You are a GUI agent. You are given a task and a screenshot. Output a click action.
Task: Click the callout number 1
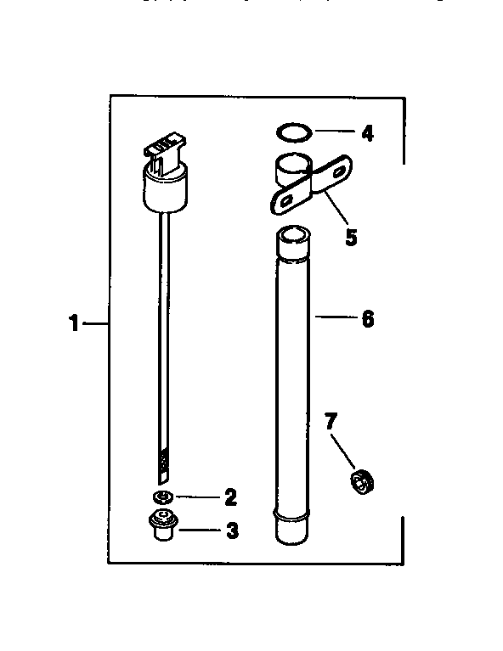pos(75,323)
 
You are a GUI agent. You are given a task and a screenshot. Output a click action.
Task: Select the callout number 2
pos(229,497)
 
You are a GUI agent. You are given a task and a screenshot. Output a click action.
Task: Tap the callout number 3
pos(231,532)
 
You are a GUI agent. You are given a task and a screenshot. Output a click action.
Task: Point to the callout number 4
pos(366,132)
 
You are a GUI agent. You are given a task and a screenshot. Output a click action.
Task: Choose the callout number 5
pos(351,235)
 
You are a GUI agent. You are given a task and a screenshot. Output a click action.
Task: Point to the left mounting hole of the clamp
pos(285,200)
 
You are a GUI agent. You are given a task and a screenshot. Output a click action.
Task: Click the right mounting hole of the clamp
pos(339,171)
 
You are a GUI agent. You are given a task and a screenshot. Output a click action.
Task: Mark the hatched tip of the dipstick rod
pos(164,463)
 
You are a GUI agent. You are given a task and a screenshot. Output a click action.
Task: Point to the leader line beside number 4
pos(334,132)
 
